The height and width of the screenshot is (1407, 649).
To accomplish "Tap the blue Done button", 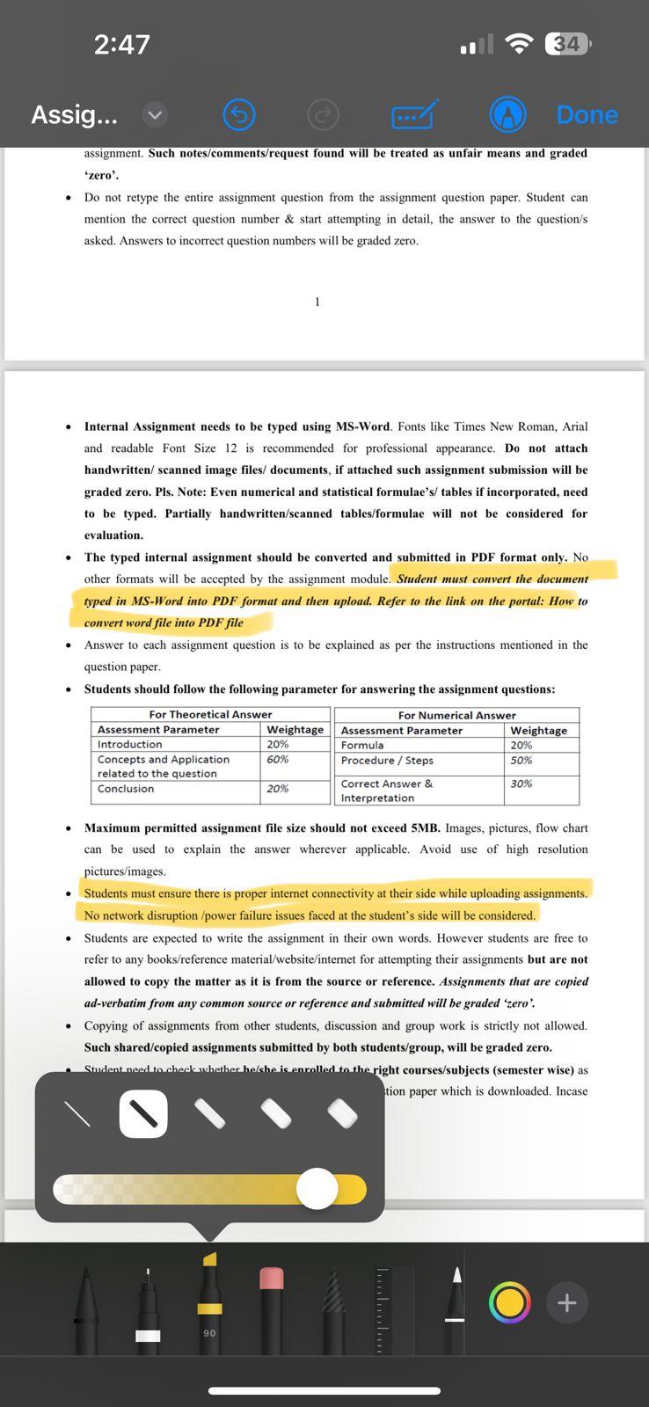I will click(x=587, y=114).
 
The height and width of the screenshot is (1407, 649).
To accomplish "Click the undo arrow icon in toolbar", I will click(x=239, y=114).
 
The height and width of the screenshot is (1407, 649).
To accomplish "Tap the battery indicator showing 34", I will click(x=568, y=44).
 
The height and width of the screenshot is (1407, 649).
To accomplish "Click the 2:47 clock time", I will click(x=122, y=44).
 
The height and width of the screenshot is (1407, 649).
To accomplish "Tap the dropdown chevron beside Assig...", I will click(x=154, y=114).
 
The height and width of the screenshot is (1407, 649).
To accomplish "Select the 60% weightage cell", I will click(x=278, y=759).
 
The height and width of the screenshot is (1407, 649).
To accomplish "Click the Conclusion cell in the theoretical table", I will click(x=126, y=789).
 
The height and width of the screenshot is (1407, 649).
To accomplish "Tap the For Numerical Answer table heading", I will click(x=456, y=715).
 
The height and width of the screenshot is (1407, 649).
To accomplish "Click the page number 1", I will click(x=317, y=303).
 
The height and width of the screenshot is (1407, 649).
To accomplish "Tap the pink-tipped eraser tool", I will click(x=272, y=1301).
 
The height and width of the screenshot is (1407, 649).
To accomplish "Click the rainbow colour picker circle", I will click(x=509, y=1302).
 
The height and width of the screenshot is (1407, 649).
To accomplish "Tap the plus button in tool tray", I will click(x=566, y=1302).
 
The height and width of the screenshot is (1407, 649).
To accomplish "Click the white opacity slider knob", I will click(x=317, y=1189).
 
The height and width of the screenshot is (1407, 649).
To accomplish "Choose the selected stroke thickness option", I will click(x=143, y=1114).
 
